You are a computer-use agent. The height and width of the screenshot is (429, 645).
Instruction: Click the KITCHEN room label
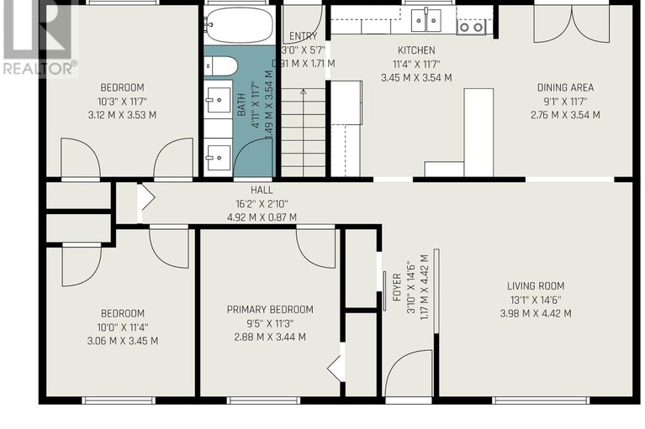point(416,50)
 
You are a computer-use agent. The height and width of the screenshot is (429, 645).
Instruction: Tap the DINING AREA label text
point(565,87)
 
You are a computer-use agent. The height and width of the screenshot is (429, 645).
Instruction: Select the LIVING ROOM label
point(536,286)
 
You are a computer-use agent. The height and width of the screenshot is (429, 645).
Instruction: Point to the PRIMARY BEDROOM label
point(270,309)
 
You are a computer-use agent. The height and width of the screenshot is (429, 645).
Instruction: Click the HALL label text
point(262,190)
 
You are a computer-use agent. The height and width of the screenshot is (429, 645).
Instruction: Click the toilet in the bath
point(221,66)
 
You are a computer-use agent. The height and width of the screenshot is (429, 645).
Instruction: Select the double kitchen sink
point(426,19)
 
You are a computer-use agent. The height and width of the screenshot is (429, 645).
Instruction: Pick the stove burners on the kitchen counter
point(471,28)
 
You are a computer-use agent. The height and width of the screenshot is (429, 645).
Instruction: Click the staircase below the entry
point(304,133)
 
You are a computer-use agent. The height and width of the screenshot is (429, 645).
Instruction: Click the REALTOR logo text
point(40,69)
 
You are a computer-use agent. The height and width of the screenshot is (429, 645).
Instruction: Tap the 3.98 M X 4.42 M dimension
point(536,314)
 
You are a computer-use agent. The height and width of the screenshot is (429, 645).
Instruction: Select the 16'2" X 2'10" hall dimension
point(262,204)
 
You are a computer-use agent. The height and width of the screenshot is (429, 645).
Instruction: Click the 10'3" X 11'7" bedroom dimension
point(122,101)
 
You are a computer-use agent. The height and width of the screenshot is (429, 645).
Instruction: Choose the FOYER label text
point(397,287)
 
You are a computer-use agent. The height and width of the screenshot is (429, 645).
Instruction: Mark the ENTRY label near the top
point(304,36)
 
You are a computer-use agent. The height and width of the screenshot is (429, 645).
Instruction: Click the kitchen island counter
point(478,132)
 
